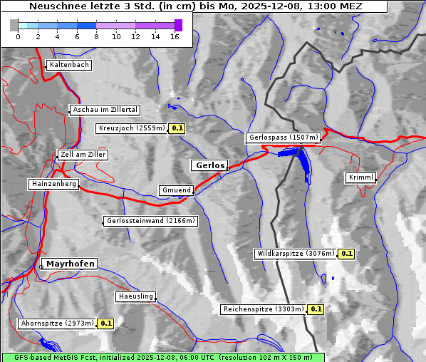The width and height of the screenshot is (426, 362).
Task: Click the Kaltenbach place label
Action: [69, 65]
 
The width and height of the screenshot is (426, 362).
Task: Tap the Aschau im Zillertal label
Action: [105, 110]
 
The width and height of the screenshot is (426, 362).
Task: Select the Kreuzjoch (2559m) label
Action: [132, 129]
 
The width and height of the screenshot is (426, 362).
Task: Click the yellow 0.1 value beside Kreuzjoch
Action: [177, 129]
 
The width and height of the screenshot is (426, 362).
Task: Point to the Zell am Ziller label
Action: [83, 155]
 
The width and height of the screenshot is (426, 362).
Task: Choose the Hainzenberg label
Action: [53, 184]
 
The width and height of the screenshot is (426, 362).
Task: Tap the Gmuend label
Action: [176, 190]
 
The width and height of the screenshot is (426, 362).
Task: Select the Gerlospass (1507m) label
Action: [284, 138]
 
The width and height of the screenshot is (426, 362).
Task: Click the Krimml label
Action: [360, 177]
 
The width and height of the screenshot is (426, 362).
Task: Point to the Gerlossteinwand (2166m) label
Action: [150, 221]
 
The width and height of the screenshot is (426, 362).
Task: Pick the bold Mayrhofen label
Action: [71, 264]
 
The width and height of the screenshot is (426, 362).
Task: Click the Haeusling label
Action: [135, 296]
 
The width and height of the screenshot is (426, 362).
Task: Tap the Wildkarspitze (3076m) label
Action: [295, 254]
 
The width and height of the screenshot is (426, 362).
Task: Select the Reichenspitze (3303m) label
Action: [264, 309]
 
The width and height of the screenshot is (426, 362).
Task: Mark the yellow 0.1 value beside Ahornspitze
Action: [106, 324]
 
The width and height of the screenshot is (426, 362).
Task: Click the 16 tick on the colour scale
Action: [175, 36]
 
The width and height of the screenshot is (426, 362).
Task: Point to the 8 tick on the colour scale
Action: [96, 36]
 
